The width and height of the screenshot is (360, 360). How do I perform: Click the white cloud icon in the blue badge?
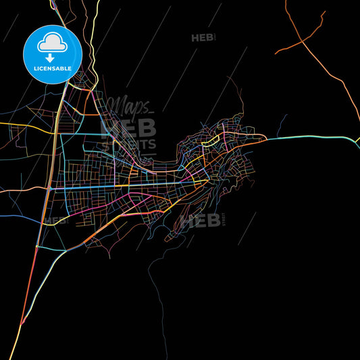tap(52, 43)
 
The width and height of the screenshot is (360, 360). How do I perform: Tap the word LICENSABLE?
tap(52, 68)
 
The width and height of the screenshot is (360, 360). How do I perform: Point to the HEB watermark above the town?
tap(203, 38)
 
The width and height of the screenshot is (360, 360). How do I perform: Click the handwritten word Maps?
tap(130, 105)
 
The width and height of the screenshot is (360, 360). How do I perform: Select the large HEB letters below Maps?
tap(128, 128)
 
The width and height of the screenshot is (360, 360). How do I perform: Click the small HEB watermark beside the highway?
tap(56, 220)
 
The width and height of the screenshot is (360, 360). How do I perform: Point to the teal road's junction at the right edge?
tap(354, 141)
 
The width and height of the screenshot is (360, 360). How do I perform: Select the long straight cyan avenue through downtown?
tap(122, 183)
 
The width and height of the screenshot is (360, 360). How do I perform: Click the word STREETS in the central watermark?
tap(144, 144)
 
